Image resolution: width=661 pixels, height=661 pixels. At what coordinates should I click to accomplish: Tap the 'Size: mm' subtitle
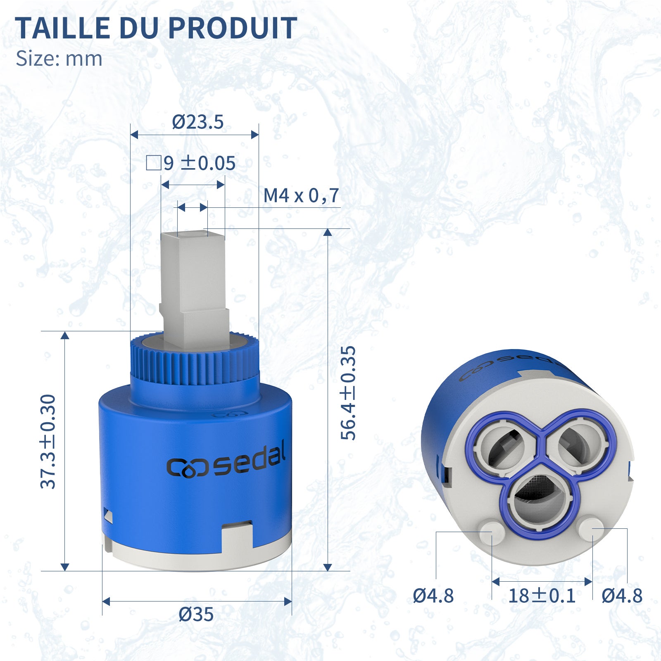click(x=59, y=59)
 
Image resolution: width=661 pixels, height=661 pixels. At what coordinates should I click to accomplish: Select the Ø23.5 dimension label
click(x=197, y=122)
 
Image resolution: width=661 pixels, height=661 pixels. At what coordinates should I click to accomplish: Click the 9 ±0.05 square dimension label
click(x=191, y=163)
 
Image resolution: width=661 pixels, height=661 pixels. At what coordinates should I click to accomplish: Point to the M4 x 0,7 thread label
click(x=301, y=195)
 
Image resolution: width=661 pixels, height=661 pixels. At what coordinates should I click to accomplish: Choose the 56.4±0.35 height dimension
click(x=348, y=392)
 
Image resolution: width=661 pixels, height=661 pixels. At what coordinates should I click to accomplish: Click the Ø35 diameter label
click(x=196, y=614)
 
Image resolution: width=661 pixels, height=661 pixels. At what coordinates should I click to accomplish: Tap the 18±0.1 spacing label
click(x=542, y=596)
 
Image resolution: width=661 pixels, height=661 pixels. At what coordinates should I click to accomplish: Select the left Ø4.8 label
click(x=433, y=596)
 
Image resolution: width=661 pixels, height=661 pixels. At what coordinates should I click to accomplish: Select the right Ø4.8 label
click(x=622, y=596)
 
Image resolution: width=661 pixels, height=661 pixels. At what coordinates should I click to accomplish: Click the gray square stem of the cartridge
click(x=193, y=281)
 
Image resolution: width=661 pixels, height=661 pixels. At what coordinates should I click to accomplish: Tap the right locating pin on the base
click(x=592, y=528)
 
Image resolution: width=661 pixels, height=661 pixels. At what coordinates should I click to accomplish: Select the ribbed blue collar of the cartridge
click(x=194, y=364)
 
